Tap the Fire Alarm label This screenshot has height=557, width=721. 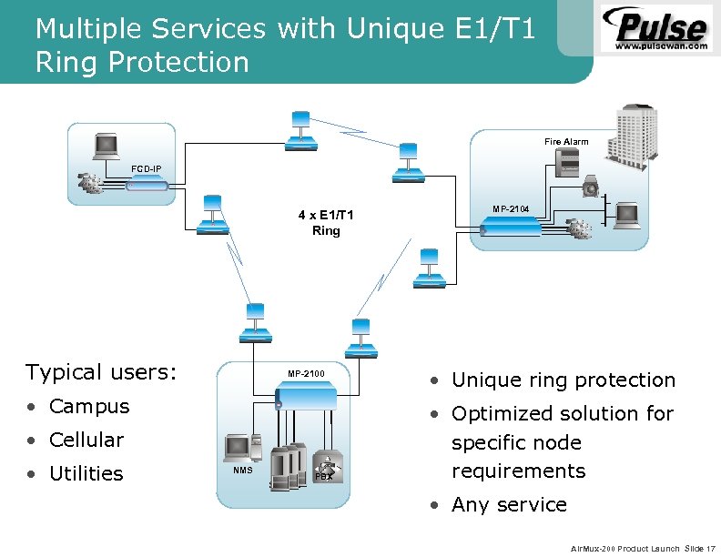(566, 142)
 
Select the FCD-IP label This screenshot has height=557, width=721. (147, 169)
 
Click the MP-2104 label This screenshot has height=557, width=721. (511, 209)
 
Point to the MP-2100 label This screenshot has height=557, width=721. (306, 374)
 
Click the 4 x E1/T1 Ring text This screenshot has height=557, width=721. (326, 223)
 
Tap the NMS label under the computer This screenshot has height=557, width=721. (242, 471)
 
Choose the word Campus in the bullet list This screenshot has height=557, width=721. (89, 406)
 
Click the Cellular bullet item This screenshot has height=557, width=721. (86, 440)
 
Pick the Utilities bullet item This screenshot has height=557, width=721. (86, 473)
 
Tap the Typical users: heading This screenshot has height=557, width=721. (101, 371)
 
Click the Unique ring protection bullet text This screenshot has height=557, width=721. (564, 380)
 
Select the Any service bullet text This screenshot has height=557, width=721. (509, 504)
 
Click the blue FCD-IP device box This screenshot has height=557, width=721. (147, 185)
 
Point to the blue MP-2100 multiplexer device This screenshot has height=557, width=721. (306, 395)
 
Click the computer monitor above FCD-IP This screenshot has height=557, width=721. (107, 146)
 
